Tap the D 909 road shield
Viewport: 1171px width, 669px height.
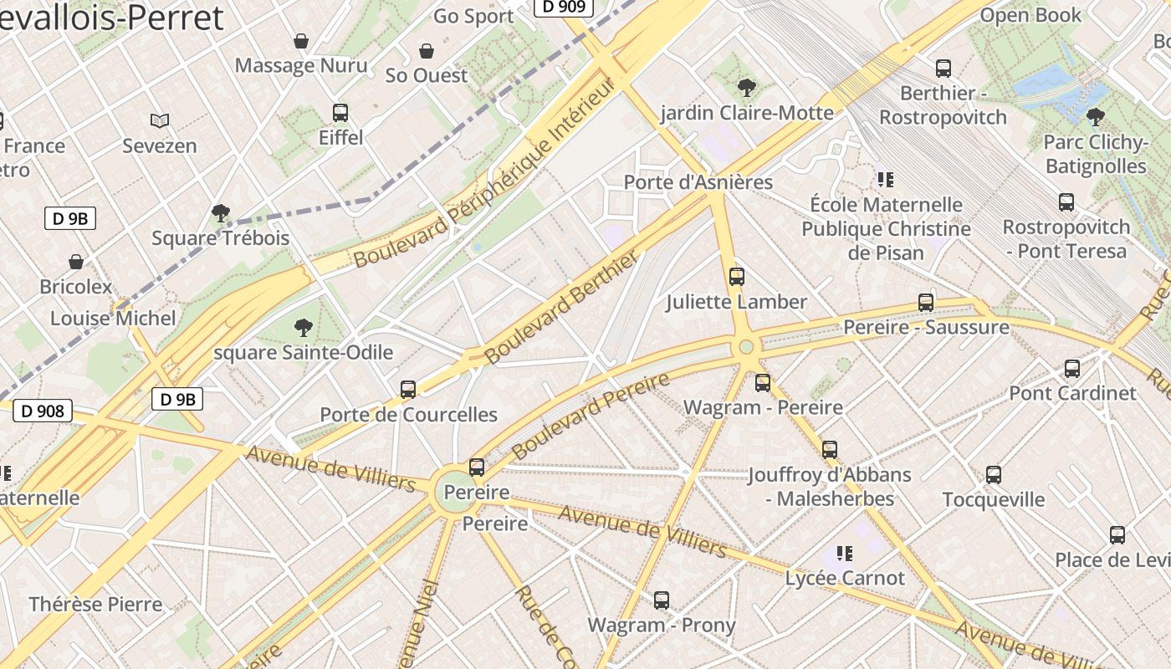coord(563,7)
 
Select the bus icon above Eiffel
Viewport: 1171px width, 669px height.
coord(340,113)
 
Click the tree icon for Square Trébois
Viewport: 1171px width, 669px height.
coord(221,213)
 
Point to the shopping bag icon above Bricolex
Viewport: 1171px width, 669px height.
coord(76,262)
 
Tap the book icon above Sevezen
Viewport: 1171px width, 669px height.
coord(159,121)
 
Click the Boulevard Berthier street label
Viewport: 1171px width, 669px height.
coord(563,307)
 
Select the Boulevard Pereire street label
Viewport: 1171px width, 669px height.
coord(591,416)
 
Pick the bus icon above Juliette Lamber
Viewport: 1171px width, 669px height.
coord(736,277)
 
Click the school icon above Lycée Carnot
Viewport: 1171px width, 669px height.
coord(845,553)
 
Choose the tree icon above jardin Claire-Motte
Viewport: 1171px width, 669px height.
coord(746,87)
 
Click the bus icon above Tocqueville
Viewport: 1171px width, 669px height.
coord(993,475)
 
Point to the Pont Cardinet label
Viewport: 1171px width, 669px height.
coord(1072,393)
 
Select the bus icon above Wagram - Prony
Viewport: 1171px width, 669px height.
coord(661,600)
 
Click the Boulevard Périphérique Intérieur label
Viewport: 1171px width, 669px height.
coord(485,172)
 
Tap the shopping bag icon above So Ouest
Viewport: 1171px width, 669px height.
coord(426,51)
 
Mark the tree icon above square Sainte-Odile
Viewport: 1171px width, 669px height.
coord(303,327)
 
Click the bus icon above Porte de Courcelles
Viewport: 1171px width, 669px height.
coord(408,390)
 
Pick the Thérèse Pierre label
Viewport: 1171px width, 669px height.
coord(95,604)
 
